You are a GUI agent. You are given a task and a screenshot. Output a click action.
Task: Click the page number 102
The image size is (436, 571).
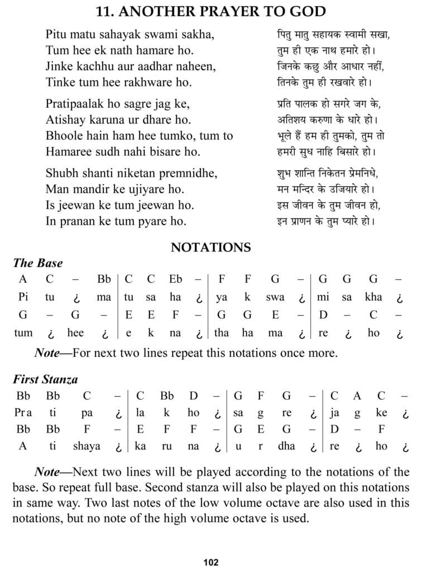coord(211,562)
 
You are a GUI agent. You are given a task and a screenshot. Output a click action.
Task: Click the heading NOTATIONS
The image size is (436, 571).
coord(211,247)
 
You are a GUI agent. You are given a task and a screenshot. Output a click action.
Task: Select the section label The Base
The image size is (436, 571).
coord(38,263)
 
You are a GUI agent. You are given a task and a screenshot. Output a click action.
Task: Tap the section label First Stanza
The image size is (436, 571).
coord(46,380)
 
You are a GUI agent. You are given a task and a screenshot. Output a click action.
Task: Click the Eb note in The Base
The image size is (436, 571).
coord(175,279)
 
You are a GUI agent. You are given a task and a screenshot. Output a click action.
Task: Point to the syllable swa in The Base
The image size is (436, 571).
coord(275,297)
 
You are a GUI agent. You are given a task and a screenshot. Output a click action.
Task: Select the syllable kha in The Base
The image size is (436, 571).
coord(373,297)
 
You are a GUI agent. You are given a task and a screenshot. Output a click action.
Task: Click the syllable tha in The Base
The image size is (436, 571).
coord(222,333)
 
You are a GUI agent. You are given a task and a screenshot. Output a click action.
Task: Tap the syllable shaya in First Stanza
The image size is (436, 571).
coord(86,446)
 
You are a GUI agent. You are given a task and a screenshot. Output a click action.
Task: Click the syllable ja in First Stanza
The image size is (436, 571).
coord(334,414)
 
